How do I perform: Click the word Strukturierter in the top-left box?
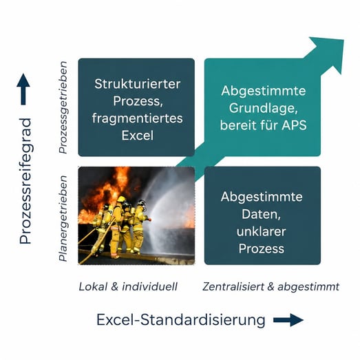click(x=137, y=84)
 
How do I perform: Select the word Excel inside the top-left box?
click(x=137, y=136)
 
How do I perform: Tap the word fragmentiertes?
click(x=137, y=118)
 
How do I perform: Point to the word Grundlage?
click(x=264, y=108)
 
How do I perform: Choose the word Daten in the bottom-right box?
click(x=261, y=215)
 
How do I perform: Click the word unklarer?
click(x=261, y=231)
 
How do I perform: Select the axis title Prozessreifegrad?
click(x=25, y=181)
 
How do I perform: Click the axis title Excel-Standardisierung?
click(x=181, y=320)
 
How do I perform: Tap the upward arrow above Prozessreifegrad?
click(x=23, y=89)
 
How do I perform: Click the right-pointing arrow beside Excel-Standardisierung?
click(x=288, y=320)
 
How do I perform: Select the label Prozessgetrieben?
click(x=63, y=107)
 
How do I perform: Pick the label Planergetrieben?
click(x=63, y=218)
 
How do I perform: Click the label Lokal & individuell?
click(x=128, y=287)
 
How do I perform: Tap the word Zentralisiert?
click(x=233, y=287)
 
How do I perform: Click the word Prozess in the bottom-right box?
click(x=261, y=248)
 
